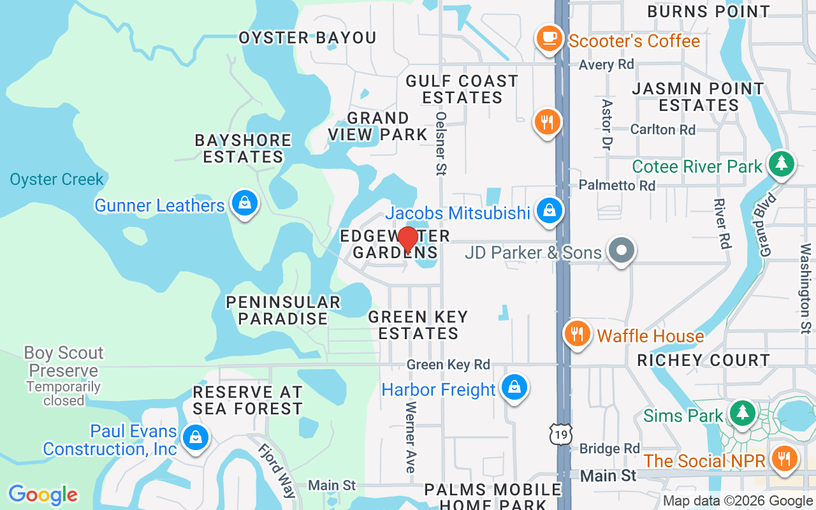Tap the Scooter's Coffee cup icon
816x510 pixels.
pyautogui.click(x=548, y=38)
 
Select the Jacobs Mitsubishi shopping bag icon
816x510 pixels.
pyautogui.click(x=548, y=210)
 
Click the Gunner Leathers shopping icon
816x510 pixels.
pyautogui.click(x=244, y=203)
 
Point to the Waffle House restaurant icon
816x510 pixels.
pyautogui.click(x=577, y=333)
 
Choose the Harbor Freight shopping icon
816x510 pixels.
pyautogui.click(x=514, y=387)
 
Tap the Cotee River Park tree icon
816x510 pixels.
pyautogui.click(x=781, y=164)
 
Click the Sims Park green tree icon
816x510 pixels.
pyautogui.click(x=741, y=413)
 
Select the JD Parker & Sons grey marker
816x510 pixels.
pyautogui.click(x=622, y=251)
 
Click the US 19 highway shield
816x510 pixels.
pyautogui.click(x=561, y=433)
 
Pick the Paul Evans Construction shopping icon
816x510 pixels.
pyautogui.click(x=195, y=438)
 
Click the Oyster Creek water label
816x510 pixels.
pyautogui.click(x=57, y=179)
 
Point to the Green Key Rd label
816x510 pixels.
pyautogui.click(x=448, y=365)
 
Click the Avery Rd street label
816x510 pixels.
pyautogui.click(x=606, y=64)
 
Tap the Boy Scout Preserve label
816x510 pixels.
pyautogui.click(x=63, y=361)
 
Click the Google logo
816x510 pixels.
pyautogui.click(x=43, y=495)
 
